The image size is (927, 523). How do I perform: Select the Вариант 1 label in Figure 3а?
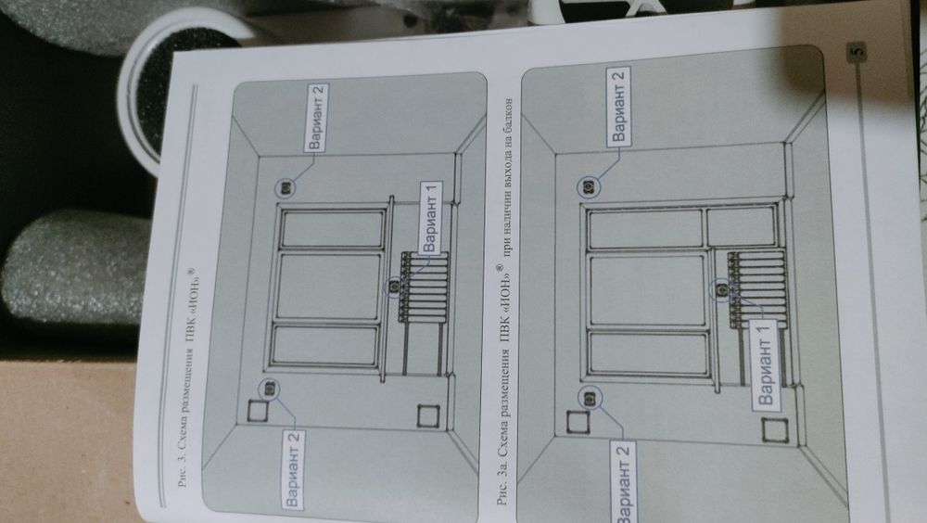tap(766, 364)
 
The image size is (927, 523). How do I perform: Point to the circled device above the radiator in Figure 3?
tap(395, 287)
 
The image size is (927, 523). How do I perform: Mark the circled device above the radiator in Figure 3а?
tap(721, 290)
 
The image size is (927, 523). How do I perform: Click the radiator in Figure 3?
tap(425, 287)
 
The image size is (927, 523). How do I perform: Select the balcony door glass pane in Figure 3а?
tap(742, 226)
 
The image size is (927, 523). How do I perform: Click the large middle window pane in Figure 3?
tap(329, 287)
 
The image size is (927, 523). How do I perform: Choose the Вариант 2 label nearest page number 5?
tap(618, 106)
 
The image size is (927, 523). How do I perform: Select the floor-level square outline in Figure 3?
tap(427, 416)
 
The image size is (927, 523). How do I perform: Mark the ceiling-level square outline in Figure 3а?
tap(578, 422)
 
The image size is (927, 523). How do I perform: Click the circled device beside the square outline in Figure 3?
tap(270, 389)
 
